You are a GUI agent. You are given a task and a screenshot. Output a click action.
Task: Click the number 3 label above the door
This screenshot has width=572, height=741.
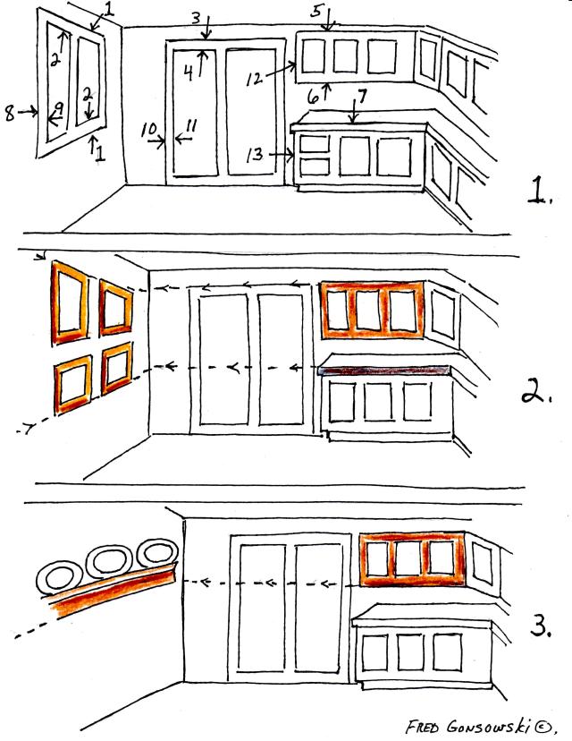pos(196,18)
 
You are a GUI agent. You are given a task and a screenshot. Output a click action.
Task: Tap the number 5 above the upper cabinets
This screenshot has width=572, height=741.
pos(316,11)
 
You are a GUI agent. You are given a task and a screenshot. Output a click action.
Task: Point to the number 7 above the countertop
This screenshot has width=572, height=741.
pos(362,96)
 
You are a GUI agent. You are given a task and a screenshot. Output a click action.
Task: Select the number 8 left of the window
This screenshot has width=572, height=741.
pos(10,114)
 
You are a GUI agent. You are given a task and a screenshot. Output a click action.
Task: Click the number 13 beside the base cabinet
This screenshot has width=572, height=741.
pos(255,155)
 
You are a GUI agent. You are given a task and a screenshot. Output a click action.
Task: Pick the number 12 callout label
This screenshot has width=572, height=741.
pos(254,79)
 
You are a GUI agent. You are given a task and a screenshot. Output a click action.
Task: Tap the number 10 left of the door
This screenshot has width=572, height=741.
pos(148,129)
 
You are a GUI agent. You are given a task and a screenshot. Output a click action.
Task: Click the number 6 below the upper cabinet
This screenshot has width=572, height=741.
pos(313,98)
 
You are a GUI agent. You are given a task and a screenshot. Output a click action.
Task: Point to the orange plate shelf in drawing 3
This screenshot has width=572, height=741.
pos(113,589)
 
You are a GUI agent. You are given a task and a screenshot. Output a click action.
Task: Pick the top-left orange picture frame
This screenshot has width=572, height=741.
pos(70,302)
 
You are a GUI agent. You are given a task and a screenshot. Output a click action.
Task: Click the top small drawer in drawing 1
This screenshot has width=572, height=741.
pos(315,144)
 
